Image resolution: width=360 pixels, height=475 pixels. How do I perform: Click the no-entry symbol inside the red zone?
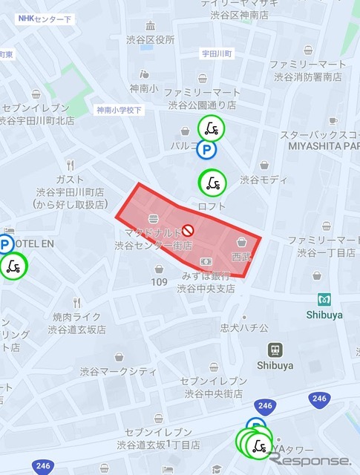tap(188, 230)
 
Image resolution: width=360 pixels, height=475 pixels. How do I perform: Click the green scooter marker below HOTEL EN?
tap(13, 266)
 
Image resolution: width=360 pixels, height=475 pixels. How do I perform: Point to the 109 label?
tap(160, 282)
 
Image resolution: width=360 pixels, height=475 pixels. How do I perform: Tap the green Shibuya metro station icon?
tap(324, 300)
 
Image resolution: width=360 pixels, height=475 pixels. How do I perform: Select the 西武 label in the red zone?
tap(241, 256)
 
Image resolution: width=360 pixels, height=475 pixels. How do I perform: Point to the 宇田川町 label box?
tap(217, 53)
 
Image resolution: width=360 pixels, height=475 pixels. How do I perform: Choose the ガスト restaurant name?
tap(69, 180)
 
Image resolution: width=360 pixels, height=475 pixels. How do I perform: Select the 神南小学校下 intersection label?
tap(119, 110)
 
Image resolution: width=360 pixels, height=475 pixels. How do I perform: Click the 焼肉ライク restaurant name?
tap(76, 317)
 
